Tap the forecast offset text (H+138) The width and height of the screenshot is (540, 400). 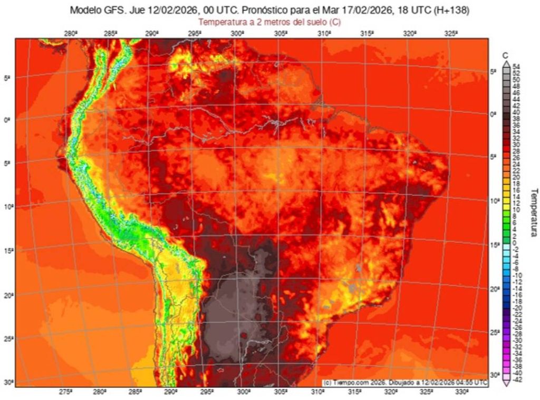coord(450,11)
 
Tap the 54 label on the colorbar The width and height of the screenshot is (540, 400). coord(517,66)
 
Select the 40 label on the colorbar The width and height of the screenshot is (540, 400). coord(517,112)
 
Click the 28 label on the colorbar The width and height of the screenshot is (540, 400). coord(517,151)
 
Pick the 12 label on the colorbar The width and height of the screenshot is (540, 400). coord(517,203)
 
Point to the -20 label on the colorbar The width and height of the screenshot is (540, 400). coord(517,308)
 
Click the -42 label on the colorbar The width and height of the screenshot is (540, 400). coord(517,379)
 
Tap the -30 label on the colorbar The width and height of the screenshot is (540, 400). coord(517,340)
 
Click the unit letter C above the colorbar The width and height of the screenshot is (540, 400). coord(506,56)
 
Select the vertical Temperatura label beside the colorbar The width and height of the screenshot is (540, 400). coord(533,213)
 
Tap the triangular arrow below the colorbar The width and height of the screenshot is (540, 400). coord(506,383)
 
